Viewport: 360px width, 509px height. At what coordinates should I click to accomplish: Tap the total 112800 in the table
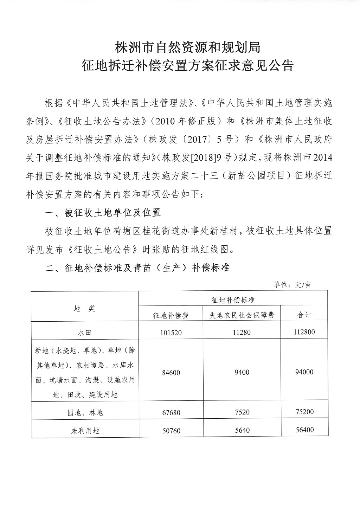(x=304, y=331)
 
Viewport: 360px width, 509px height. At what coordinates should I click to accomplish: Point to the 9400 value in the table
(x=242, y=372)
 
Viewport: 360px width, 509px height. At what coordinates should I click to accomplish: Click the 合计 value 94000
(x=304, y=372)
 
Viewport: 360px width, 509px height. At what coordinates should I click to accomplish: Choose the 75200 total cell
(x=304, y=412)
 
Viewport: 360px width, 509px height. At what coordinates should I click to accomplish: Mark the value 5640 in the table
(x=242, y=430)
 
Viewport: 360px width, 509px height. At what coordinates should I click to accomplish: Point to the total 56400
(x=304, y=430)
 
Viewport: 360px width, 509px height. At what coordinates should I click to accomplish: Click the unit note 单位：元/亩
(x=292, y=285)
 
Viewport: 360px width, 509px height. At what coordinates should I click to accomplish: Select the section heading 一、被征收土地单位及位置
(x=103, y=213)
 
